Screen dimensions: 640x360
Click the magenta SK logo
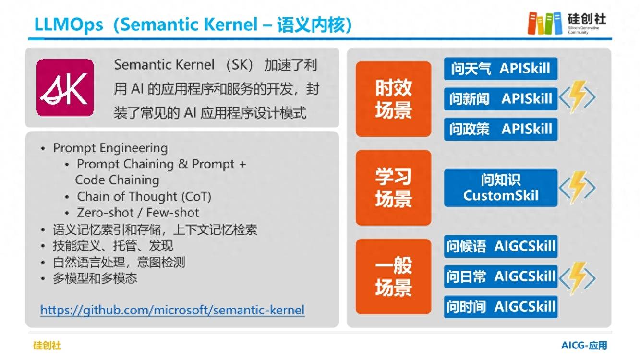point(65,88)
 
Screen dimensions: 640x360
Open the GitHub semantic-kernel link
point(172,310)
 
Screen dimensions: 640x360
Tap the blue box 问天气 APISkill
point(501,69)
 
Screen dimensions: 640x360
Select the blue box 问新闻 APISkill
point(501,99)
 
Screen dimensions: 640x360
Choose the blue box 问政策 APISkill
point(501,129)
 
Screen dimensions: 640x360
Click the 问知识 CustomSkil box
point(501,188)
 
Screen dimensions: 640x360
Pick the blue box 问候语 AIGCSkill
point(501,246)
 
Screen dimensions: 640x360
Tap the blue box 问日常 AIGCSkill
point(501,276)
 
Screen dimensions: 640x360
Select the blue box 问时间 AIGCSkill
point(501,307)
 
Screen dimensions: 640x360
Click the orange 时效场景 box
point(393,99)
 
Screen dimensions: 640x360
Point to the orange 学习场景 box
point(393,188)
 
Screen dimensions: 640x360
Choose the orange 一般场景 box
point(393,276)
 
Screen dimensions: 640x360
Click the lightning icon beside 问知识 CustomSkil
point(577,188)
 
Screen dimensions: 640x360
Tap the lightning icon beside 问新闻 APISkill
point(577,97)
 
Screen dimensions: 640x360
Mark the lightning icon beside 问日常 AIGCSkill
point(577,278)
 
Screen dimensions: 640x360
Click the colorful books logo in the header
point(544,23)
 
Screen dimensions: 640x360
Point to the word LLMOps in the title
point(68,24)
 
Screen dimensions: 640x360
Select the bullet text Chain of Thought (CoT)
point(144,197)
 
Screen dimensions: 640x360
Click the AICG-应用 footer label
point(584,346)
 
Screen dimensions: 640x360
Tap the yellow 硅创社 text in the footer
point(47,346)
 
